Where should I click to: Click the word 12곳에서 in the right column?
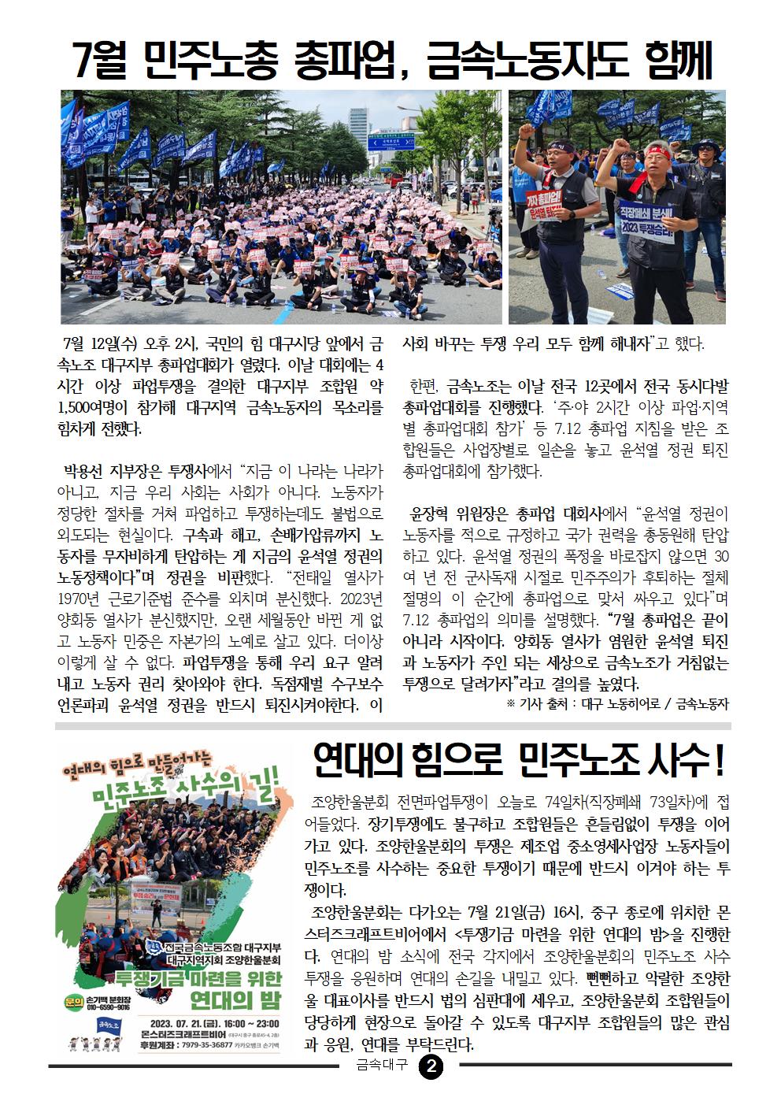coord(611,387)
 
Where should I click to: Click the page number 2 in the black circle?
coord(433,1067)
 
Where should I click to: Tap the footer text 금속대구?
coord(382,1067)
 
